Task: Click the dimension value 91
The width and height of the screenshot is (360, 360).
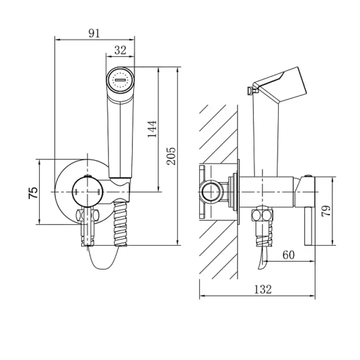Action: [94, 33]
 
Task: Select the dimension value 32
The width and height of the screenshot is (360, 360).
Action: [120, 50]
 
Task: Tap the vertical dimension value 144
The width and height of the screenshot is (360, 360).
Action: [152, 129]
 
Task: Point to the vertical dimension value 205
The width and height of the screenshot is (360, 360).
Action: [171, 156]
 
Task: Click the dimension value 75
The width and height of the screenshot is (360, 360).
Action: [33, 192]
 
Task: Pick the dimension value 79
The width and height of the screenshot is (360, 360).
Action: [326, 210]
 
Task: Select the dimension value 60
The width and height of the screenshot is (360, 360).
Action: [288, 254]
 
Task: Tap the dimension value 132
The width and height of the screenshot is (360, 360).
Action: [263, 289]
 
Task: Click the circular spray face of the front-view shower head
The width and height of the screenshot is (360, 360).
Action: [120, 80]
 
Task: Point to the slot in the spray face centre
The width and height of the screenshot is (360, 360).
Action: [120, 80]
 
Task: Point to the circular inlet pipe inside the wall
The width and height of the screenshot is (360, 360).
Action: [211, 191]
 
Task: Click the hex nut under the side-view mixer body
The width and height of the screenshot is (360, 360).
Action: [262, 213]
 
